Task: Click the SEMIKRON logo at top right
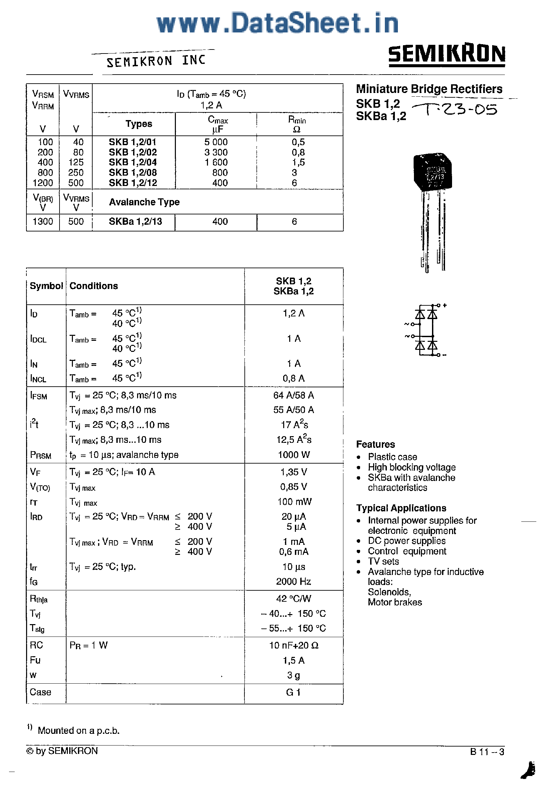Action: point(446,55)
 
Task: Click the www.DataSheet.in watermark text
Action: point(277,23)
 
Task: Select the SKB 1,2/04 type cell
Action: point(133,162)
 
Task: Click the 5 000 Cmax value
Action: point(216,142)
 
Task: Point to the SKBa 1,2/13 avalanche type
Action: point(135,221)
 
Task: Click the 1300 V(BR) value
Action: point(42,221)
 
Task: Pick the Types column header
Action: point(138,124)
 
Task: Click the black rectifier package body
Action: point(432,172)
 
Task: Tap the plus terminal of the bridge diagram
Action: point(444,305)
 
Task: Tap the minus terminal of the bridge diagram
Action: point(444,355)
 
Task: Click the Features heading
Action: point(375,444)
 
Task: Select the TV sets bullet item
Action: point(383,561)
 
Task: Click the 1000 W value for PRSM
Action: point(294,455)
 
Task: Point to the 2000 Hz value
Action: point(294,582)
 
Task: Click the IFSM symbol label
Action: point(38,396)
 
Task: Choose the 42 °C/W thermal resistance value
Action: point(294,599)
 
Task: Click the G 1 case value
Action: point(293,692)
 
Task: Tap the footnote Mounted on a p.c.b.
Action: point(78,730)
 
